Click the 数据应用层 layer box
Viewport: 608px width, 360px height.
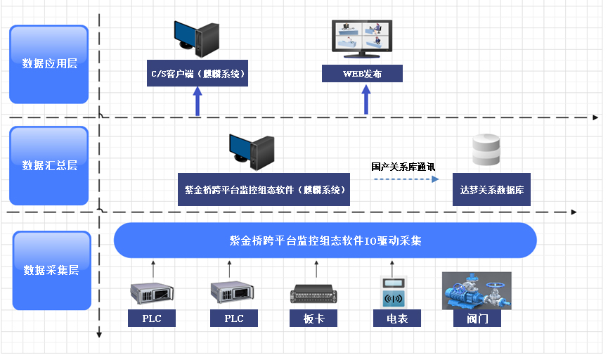(x=49, y=64)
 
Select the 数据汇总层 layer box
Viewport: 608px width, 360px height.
(x=49, y=166)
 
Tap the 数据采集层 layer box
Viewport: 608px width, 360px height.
(x=51, y=271)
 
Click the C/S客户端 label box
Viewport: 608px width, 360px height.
(x=198, y=74)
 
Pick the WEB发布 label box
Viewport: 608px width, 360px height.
(x=362, y=74)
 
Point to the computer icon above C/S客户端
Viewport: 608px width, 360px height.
(x=198, y=39)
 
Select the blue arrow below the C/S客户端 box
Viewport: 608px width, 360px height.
(x=198, y=101)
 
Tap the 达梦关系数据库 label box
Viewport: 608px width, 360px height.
(x=491, y=190)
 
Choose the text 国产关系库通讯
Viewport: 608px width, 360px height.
(x=403, y=167)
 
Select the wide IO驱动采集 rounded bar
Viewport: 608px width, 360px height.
(x=325, y=240)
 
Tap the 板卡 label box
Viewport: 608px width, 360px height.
(x=314, y=319)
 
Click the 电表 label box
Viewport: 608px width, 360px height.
(x=397, y=319)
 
